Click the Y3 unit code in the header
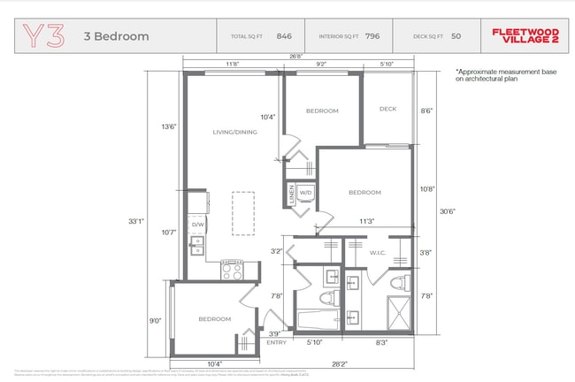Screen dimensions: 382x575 (x=43, y=36)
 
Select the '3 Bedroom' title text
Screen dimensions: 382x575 (x=116, y=37)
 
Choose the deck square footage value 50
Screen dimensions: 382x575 (x=456, y=37)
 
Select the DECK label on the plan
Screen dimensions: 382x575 (x=387, y=109)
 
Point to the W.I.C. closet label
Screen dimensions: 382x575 (x=378, y=252)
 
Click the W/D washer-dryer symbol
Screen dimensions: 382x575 (x=305, y=192)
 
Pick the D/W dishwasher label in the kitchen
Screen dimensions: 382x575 (x=197, y=224)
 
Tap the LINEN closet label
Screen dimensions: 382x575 (x=290, y=194)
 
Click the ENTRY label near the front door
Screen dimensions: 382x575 (x=277, y=342)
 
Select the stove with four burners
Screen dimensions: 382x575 (x=232, y=269)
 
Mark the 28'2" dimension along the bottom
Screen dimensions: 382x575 (x=339, y=363)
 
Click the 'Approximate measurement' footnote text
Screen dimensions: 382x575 (x=501, y=75)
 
